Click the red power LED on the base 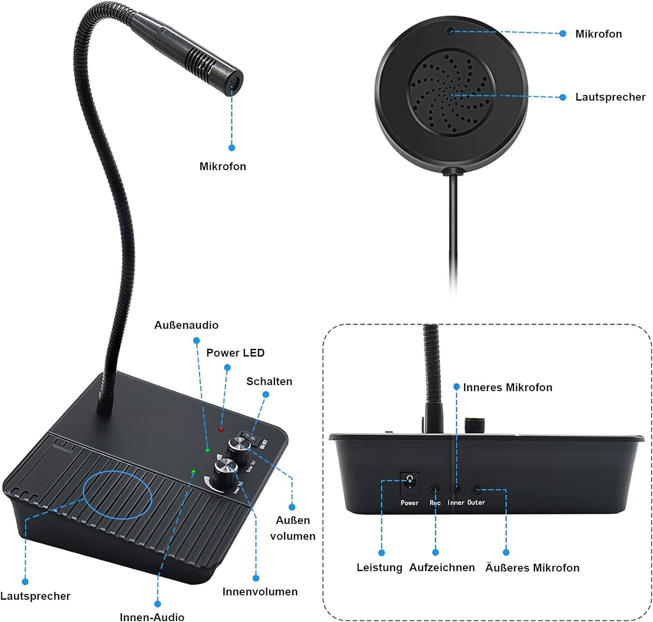click(221, 430)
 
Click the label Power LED click(235, 353)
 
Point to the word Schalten click(269, 382)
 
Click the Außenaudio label click(186, 325)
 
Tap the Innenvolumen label click(260, 592)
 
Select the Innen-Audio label click(152, 616)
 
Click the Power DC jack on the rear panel click(409, 481)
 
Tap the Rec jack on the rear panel click(435, 490)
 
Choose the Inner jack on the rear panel click(456, 490)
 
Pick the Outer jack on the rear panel click(477, 490)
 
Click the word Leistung click(379, 568)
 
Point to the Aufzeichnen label click(442, 568)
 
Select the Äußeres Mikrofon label click(532, 568)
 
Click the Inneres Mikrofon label click(507, 388)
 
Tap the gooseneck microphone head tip click(233, 81)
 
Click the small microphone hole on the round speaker click(451, 30)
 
